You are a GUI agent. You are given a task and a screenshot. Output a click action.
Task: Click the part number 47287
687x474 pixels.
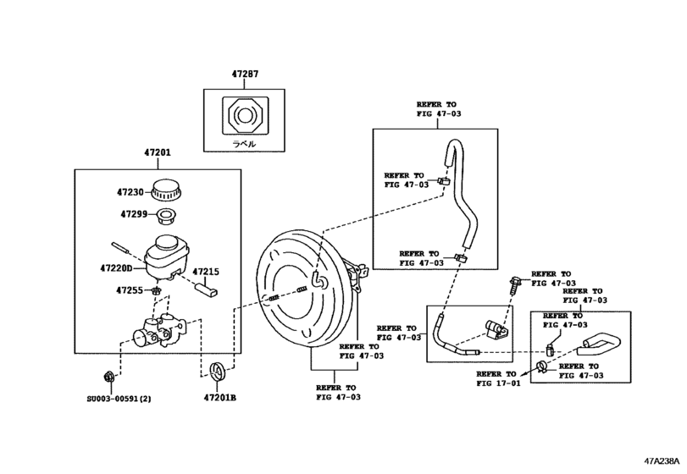(x=246, y=75)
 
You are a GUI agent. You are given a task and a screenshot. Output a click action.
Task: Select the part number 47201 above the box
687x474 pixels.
(x=158, y=153)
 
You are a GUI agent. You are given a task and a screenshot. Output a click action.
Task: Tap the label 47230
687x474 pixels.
(x=131, y=192)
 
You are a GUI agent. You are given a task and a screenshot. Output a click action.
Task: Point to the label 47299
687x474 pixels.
(x=131, y=214)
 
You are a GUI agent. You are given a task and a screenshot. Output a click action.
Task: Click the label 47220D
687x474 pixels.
(x=119, y=268)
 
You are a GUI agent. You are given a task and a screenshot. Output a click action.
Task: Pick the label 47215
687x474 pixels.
(x=205, y=272)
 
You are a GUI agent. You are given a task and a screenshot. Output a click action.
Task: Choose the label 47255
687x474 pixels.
(x=131, y=290)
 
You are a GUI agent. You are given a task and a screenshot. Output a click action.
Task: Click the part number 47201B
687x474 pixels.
(x=219, y=396)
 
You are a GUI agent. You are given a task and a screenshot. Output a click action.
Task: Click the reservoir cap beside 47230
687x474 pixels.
(x=167, y=190)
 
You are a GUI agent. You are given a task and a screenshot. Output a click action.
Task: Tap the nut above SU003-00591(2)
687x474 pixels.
(x=108, y=375)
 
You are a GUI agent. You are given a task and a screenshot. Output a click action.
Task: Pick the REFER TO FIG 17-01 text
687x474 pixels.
(x=496, y=378)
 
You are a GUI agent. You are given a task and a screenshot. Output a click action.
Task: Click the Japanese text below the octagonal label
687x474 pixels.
(x=245, y=145)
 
